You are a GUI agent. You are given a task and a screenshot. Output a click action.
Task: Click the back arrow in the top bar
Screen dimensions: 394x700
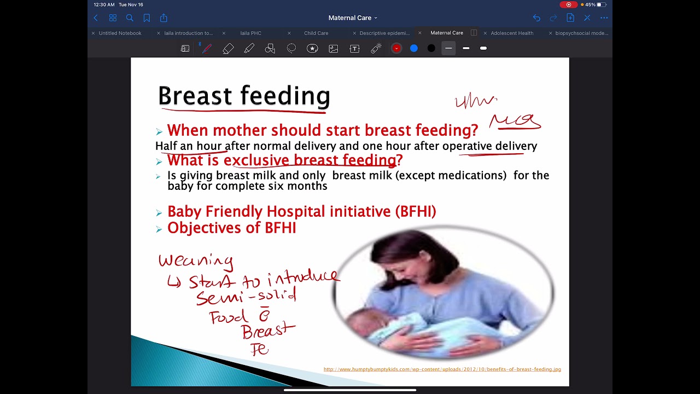tap(96, 18)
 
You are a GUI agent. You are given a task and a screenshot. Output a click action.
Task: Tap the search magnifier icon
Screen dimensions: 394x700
tap(130, 18)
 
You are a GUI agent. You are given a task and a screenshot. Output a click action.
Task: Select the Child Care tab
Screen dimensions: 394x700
tap(316, 33)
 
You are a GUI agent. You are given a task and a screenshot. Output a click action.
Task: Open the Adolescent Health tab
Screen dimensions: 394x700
tap(512, 33)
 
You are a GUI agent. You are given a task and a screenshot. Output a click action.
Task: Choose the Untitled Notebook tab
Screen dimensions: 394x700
tap(120, 33)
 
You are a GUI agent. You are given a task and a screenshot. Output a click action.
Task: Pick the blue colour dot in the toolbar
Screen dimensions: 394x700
tap(414, 49)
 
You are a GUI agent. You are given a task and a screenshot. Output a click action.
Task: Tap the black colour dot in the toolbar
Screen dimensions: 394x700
tap(431, 49)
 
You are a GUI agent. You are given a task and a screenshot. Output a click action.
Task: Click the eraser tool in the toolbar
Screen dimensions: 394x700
tap(228, 49)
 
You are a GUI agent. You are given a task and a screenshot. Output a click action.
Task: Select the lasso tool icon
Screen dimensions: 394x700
tap(291, 49)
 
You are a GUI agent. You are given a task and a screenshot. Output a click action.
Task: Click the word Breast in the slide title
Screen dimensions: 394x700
tap(195, 96)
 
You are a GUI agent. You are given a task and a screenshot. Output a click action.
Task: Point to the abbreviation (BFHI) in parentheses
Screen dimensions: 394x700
tap(416, 212)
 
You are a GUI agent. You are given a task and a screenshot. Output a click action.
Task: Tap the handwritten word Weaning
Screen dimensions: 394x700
tap(196, 261)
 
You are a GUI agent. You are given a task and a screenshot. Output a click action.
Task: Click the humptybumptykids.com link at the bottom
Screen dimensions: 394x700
tap(442, 369)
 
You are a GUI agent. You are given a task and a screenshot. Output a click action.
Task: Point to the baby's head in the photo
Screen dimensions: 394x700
tap(364, 322)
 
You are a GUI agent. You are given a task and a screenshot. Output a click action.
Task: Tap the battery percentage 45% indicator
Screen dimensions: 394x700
tap(590, 5)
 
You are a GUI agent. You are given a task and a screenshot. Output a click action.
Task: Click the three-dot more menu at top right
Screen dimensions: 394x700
tap(604, 18)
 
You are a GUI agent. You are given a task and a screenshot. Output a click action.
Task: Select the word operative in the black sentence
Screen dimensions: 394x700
tap(467, 146)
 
